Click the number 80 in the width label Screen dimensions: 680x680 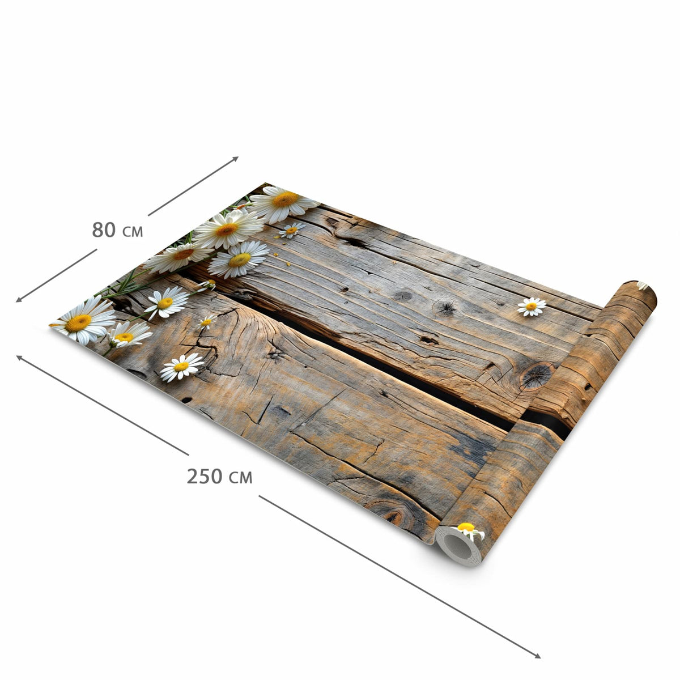pos(104,229)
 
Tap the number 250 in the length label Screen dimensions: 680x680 pos(205,476)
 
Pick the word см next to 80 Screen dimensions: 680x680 pos(133,232)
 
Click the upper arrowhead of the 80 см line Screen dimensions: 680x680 pos(236,159)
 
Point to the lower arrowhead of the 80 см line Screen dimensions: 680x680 pos(19,300)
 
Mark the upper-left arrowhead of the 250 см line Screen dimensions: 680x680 pos(20,358)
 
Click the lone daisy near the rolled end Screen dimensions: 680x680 pos(532,307)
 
